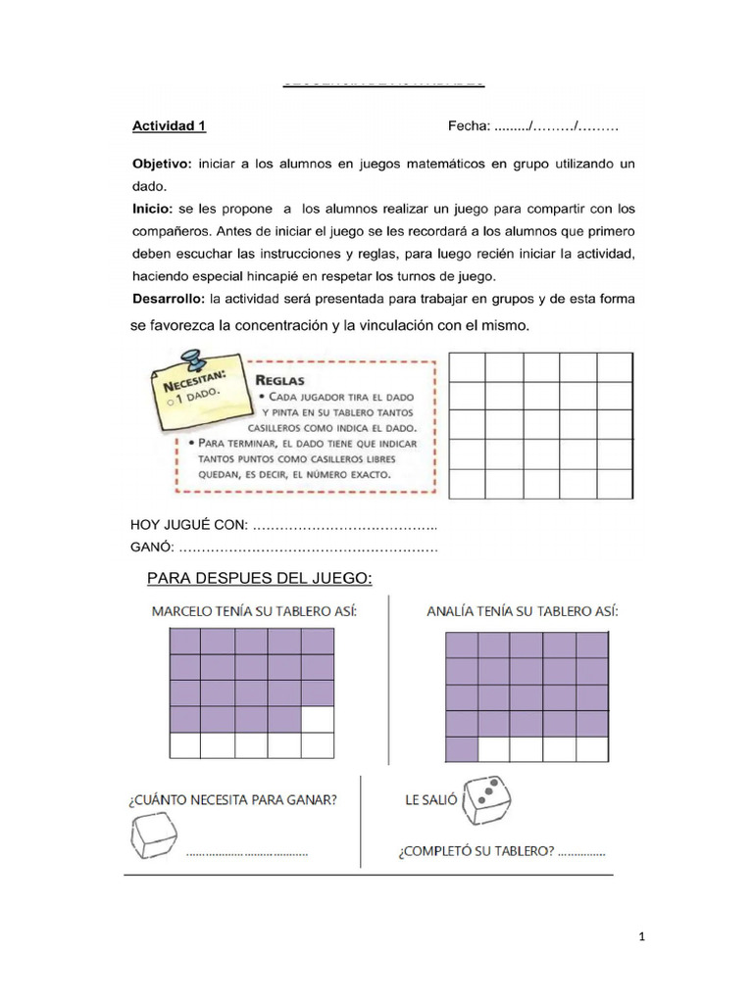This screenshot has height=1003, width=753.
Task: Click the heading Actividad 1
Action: coord(169,126)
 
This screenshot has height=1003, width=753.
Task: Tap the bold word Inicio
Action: coord(151,208)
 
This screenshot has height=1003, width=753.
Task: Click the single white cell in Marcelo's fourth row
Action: coord(318,719)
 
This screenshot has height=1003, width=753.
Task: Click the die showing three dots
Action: coord(485,800)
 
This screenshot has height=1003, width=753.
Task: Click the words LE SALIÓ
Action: coord(430,800)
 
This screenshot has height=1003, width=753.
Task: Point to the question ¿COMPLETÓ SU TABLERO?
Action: coord(476,850)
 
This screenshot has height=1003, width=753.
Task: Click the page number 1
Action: coord(641,937)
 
